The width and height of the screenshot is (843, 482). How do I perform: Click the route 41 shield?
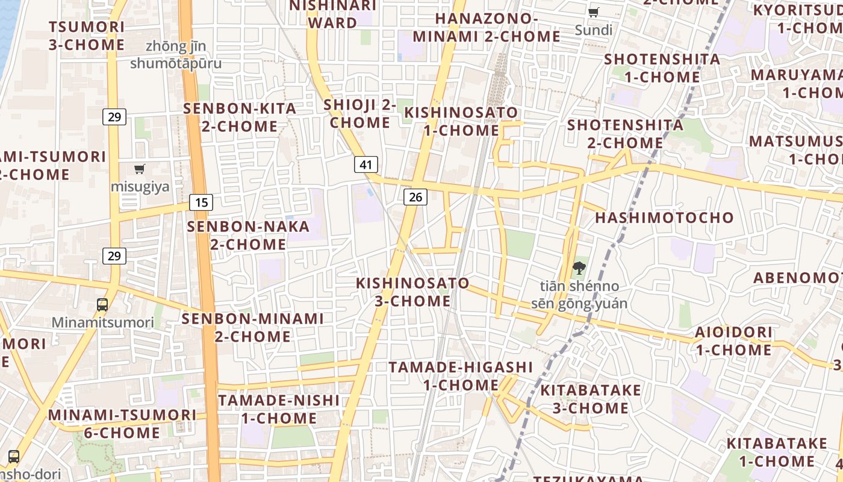[x=366, y=164]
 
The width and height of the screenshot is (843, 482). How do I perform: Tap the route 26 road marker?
[x=415, y=196]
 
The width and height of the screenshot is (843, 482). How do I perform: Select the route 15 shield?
[x=201, y=202]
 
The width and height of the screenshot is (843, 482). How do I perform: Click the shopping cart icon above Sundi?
[x=594, y=12]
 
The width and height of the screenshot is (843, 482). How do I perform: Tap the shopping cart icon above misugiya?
[x=140, y=169]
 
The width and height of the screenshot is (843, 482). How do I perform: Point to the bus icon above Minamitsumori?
[x=102, y=305]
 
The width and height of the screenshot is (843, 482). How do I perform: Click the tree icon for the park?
[x=579, y=268]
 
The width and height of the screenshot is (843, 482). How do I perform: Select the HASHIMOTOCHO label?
[x=665, y=218]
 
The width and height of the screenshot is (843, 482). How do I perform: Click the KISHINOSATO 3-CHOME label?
[x=412, y=292]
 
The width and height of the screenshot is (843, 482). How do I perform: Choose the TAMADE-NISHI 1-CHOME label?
[x=279, y=409]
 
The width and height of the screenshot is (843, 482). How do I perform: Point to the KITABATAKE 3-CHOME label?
[x=591, y=399]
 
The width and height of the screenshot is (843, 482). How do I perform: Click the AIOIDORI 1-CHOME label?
[x=733, y=341]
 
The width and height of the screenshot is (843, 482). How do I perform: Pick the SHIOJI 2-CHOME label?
[x=360, y=113]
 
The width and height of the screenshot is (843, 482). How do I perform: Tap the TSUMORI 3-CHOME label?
[x=87, y=36]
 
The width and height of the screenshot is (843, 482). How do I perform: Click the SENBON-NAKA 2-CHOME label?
[x=248, y=236]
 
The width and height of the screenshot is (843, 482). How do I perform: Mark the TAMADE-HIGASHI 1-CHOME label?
[x=461, y=376]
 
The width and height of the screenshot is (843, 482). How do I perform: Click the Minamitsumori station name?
[x=102, y=322]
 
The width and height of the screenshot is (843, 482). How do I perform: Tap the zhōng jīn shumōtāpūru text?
[x=176, y=54]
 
